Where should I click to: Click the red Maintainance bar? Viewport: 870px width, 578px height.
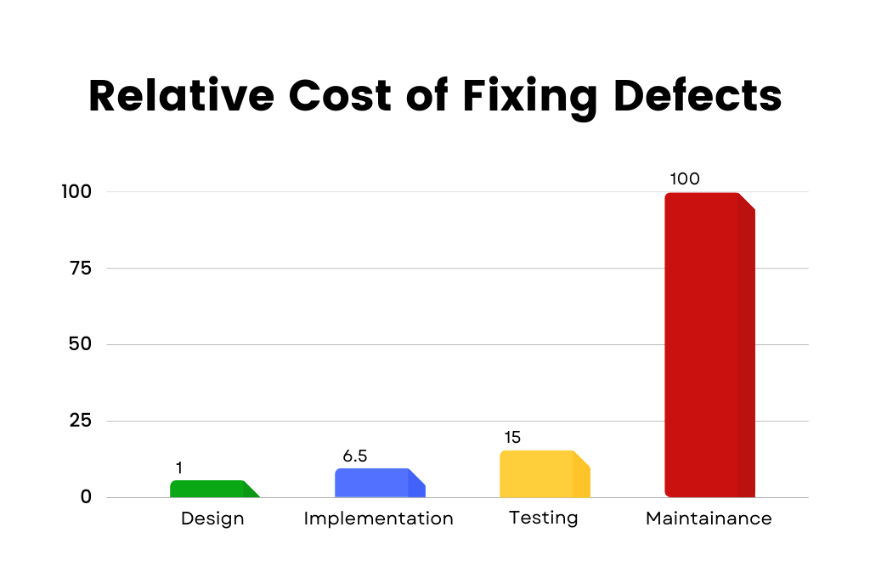tap(709, 344)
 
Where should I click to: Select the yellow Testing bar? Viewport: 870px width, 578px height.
tap(544, 474)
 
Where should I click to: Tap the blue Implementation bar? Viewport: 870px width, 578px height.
tap(379, 483)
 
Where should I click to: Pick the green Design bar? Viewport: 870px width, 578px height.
tap(212, 489)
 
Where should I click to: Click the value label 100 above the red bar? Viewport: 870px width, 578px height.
tap(684, 179)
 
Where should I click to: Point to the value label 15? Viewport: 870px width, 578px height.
tap(511, 438)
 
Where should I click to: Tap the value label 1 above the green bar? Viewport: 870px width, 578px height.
tap(179, 468)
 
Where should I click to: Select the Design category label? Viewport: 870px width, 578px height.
tap(212, 518)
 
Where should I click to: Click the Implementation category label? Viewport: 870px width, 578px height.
tap(378, 518)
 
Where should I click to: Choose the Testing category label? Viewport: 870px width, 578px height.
tap(543, 518)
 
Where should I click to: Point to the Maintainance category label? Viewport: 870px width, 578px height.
tap(709, 518)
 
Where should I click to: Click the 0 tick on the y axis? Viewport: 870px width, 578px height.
tap(86, 497)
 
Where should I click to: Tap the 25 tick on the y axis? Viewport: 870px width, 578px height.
tap(81, 421)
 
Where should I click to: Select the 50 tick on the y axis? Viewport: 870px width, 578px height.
tap(81, 344)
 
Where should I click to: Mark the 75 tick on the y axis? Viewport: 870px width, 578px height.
tap(81, 268)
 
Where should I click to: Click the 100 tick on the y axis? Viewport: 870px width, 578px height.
tap(76, 191)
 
